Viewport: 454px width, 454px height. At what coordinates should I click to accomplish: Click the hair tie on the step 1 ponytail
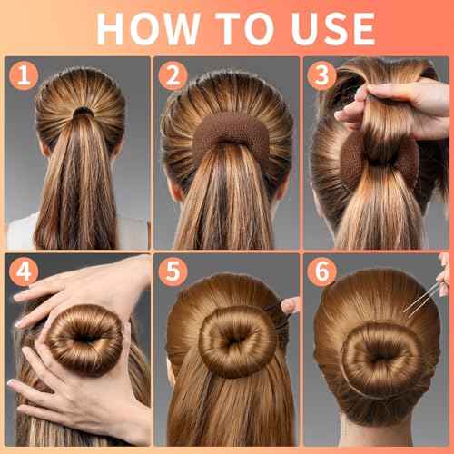click(x=83, y=113)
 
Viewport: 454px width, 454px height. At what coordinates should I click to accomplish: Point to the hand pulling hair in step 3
click(x=400, y=104)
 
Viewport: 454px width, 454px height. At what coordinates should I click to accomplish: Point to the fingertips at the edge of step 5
click(x=291, y=305)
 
